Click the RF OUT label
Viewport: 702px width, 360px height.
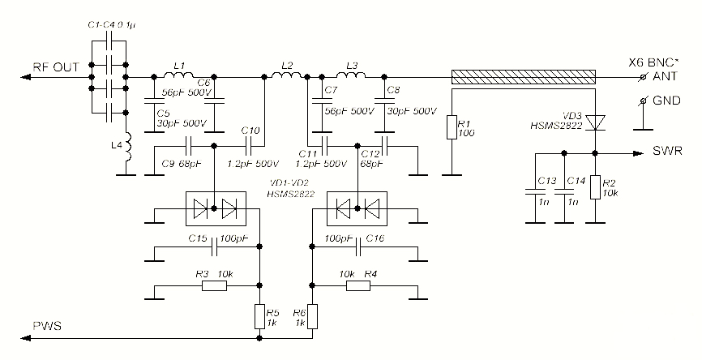pyautogui.click(x=54, y=68)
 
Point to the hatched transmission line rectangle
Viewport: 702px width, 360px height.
pyautogui.click(x=524, y=77)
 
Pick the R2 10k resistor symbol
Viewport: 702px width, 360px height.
pyautogui.click(x=595, y=188)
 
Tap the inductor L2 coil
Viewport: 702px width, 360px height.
pyautogui.click(x=285, y=76)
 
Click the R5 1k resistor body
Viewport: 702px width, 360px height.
pyautogui.click(x=259, y=316)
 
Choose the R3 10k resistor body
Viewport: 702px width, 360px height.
pyautogui.click(x=214, y=285)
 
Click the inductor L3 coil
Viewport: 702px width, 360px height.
pyautogui.click(x=350, y=76)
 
